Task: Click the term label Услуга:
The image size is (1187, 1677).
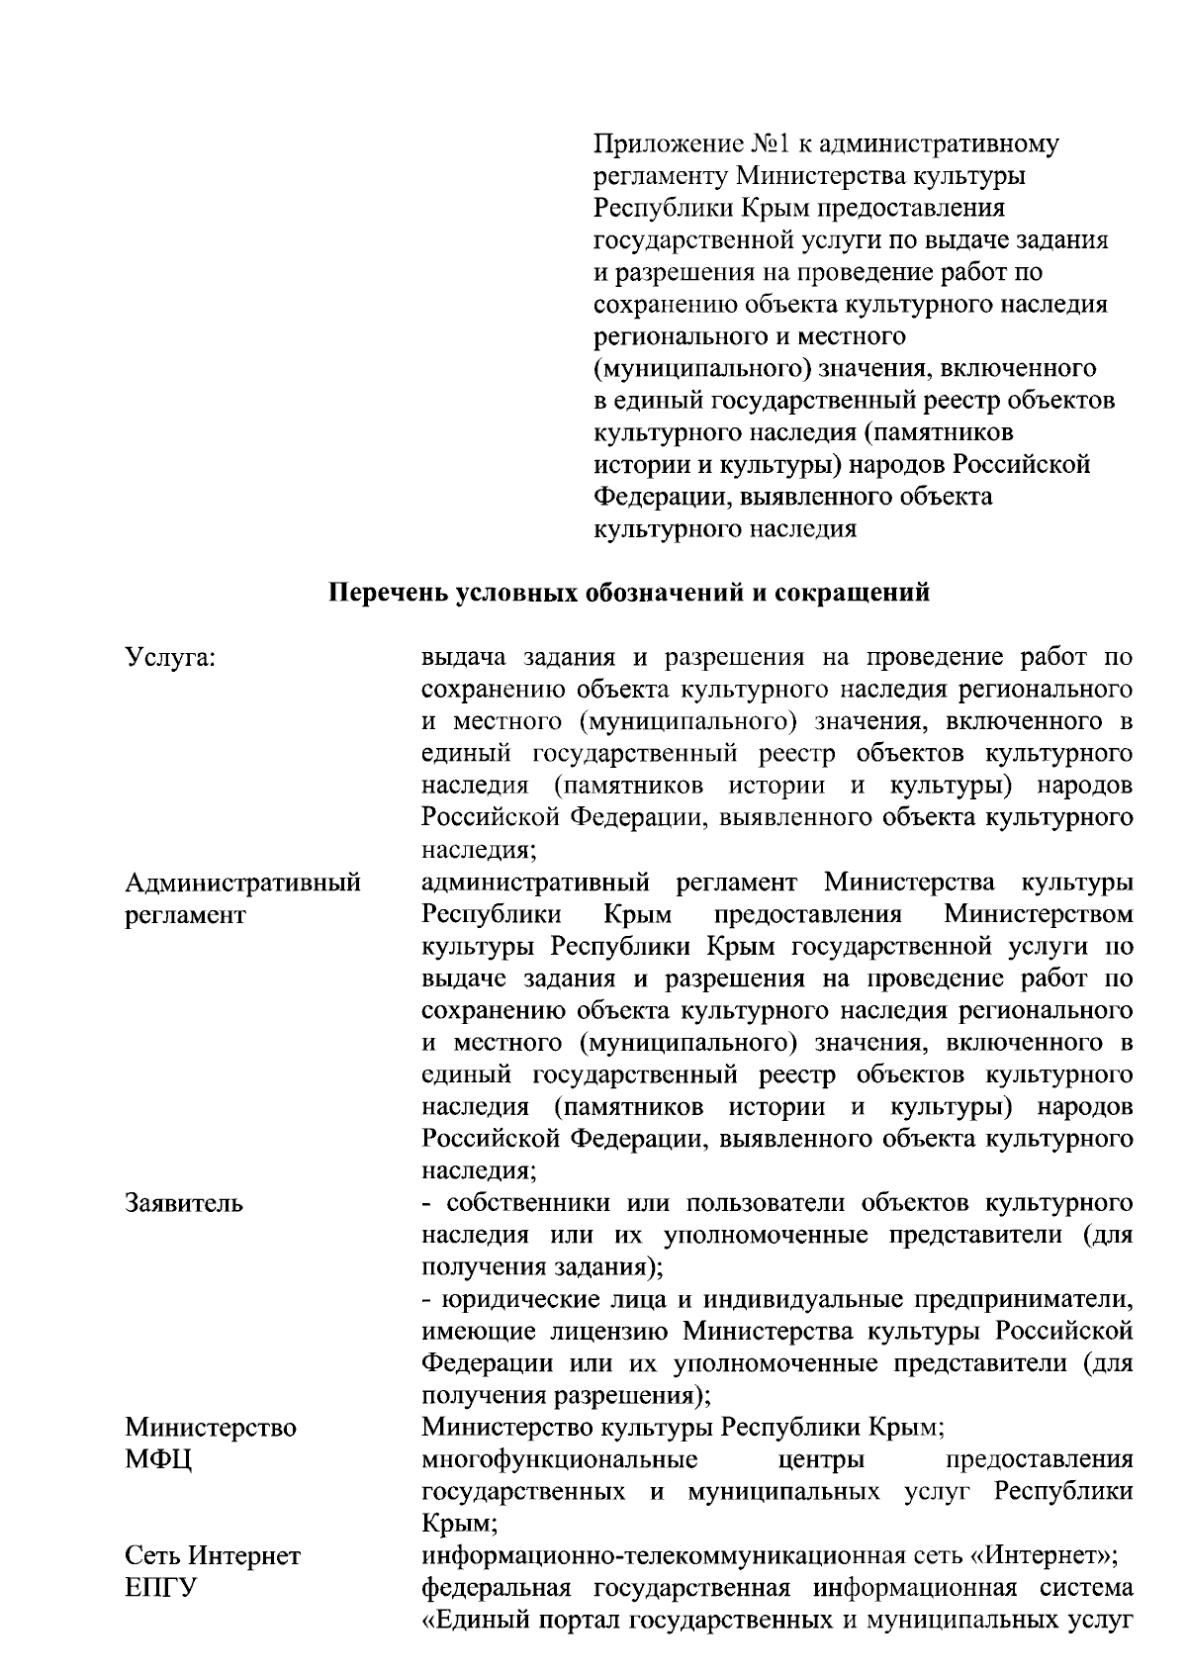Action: tap(170, 658)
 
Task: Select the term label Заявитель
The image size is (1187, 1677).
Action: tap(184, 1204)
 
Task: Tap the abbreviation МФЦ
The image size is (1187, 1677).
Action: tap(158, 1460)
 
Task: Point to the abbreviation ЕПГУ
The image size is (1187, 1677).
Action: tap(161, 1589)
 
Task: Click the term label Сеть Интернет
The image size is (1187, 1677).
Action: tap(213, 1556)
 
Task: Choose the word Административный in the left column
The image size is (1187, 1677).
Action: tap(242, 883)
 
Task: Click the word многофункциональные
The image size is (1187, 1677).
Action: tap(559, 1460)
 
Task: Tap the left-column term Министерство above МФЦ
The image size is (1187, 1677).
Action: tap(211, 1428)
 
